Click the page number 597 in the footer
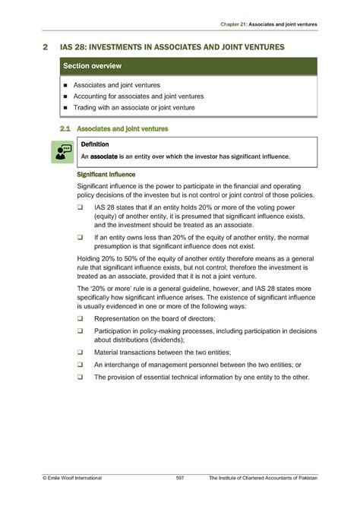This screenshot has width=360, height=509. click(x=180, y=477)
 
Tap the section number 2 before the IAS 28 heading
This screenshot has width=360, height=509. click(x=46, y=47)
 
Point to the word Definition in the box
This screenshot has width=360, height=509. click(x=95, y=144)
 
